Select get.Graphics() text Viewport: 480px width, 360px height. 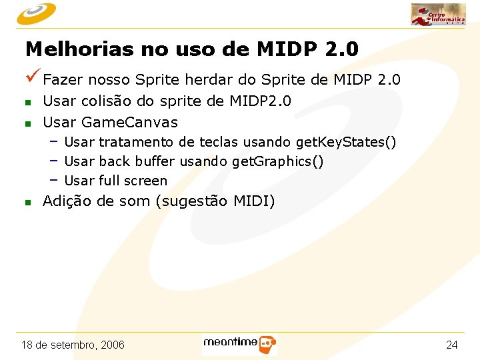click(278, 162)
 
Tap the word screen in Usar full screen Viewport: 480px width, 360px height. click(146, 181)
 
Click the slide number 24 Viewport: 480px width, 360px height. click(452, 345)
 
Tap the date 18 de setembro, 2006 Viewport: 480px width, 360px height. click(73, 345)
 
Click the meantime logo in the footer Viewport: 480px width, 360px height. click(239, 344)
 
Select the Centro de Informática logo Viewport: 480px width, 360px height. click(437, 14)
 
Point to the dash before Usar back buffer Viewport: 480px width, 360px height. click(53, 161)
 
